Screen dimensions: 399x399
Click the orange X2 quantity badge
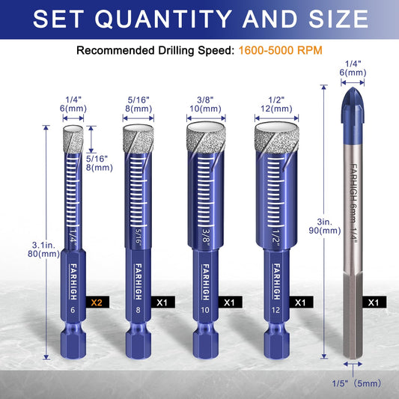click(x=96, y=304)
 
